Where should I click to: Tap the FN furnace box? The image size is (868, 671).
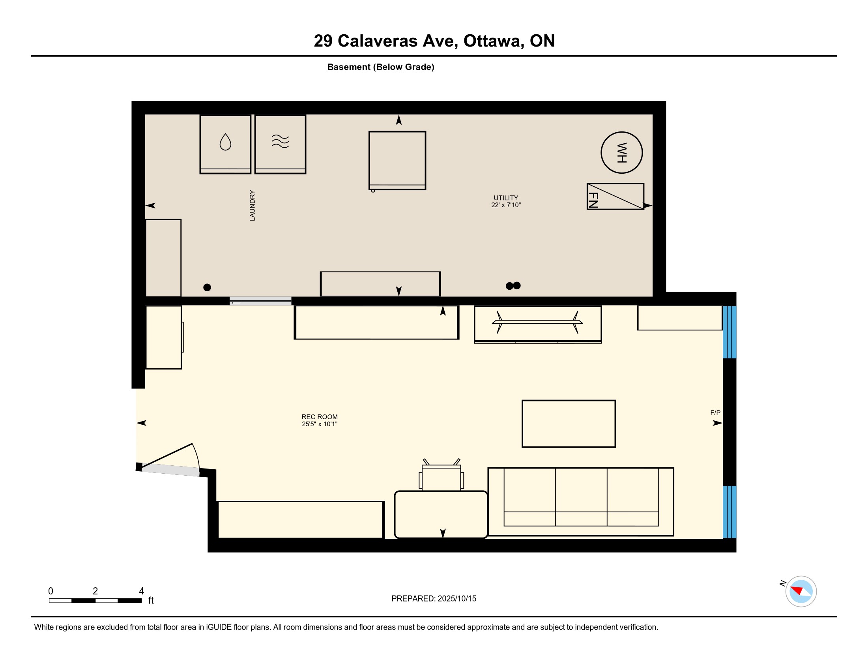615,196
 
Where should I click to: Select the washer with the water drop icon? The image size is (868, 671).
225,144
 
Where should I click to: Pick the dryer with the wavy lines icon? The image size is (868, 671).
280,144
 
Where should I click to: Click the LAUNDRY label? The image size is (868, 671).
252,205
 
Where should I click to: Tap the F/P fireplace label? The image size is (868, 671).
715,412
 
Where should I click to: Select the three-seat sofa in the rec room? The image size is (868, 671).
581,502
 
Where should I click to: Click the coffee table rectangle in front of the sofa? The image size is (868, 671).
569,424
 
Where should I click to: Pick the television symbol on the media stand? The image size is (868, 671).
537,322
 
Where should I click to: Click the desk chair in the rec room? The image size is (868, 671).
441,474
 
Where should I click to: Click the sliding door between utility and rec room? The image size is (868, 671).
260,301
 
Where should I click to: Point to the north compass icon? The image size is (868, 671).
801,591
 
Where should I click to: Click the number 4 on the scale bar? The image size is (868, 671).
141,591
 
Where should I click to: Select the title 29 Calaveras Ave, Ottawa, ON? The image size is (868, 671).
434,41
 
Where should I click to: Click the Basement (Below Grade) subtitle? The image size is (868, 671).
381,67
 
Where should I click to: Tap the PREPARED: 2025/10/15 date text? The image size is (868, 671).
434,598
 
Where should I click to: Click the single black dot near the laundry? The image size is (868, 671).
207,287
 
